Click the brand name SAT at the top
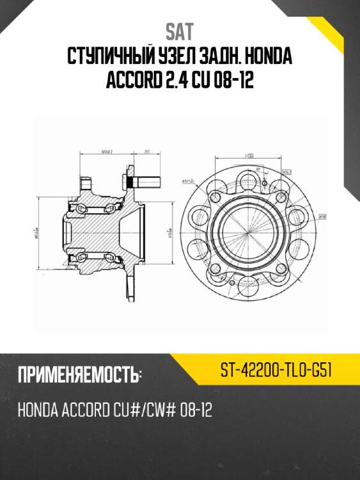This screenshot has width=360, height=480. tap(180, 31)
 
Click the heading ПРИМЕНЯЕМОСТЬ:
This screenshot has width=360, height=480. tap(79, 376)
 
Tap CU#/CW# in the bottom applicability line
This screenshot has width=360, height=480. tap(130, 410)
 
